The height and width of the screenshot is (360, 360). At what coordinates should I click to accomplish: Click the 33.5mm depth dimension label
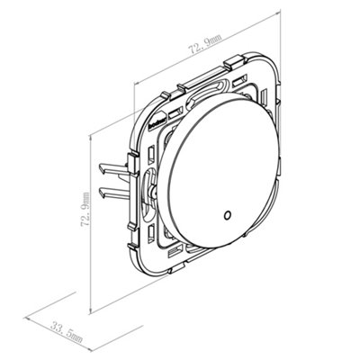pos(67,333)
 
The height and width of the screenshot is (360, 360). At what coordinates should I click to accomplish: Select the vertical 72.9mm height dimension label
pos(85,210)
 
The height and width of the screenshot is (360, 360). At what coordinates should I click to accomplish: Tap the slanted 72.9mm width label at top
pos(204,44)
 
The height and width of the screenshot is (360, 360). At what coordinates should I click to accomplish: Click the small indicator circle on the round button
pos(227,215)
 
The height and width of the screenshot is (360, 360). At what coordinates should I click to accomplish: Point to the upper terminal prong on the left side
pos(113,168)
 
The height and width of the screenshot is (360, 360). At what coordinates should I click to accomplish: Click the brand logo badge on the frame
pos(156,120)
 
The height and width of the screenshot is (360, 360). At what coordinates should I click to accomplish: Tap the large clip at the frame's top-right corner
pos(235,60)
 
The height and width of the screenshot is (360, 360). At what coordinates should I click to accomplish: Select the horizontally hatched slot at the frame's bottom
pos(175,249)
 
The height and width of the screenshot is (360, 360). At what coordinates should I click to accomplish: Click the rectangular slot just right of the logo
pos(175,113)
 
